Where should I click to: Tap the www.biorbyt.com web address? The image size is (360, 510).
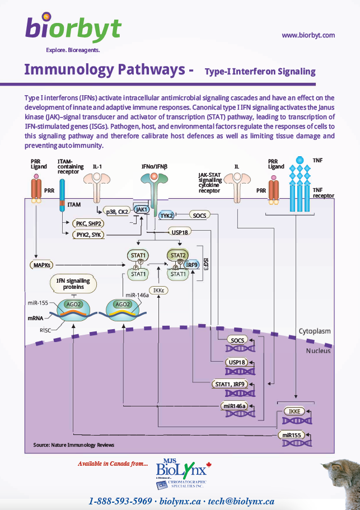308,35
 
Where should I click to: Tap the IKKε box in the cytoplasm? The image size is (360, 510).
159,290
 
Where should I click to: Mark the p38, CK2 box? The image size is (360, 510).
117,211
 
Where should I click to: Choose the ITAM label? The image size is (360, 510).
74,205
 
